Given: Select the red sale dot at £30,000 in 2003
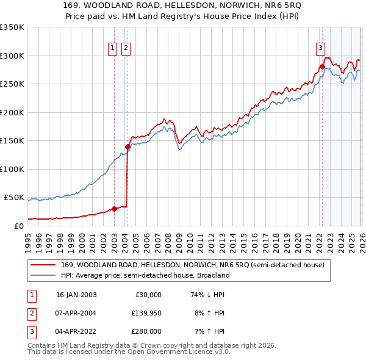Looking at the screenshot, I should pos(114,209).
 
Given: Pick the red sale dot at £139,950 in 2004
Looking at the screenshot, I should pos(127,146).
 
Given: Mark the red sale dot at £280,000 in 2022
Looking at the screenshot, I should pos(321,67).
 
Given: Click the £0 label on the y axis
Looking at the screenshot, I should pos(18,226).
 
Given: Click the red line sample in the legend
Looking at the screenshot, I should pos(43,265).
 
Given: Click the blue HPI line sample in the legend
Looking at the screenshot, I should pos(43,275).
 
